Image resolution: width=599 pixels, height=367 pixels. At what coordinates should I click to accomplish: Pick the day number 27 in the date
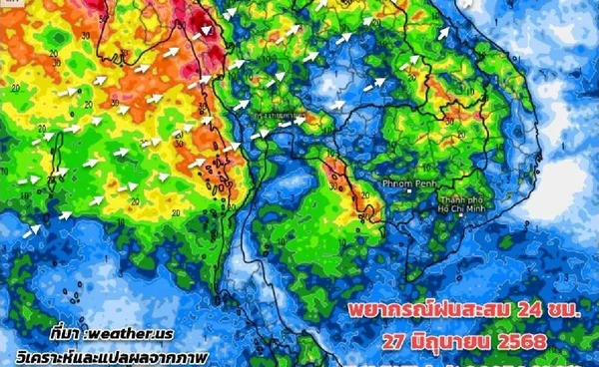point(399,341)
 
